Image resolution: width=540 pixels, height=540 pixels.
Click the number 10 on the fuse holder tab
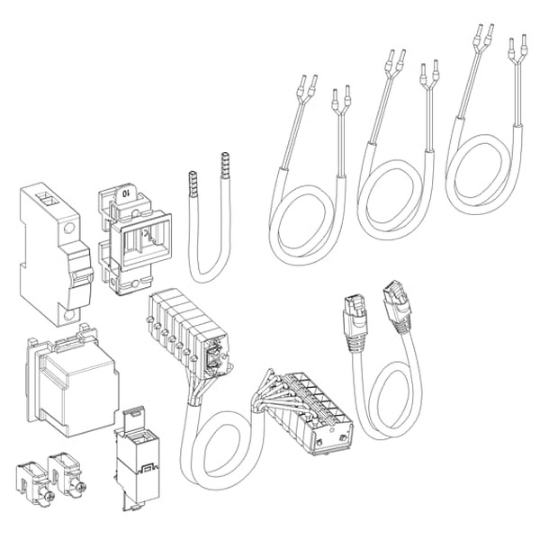(125, 193)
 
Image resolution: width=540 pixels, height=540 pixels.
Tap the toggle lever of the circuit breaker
(81, 275)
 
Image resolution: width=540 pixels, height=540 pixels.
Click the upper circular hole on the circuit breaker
(69, 228)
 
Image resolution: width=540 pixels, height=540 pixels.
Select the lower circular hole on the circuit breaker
(70, 316)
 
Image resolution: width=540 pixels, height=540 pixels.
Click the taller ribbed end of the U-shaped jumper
(225, 165)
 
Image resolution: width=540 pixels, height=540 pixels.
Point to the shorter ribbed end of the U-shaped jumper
(193, 184)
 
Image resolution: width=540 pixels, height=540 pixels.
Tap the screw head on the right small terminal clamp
(82, 487)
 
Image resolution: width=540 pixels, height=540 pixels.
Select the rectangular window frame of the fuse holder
(146, 242)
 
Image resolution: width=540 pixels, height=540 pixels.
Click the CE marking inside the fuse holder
(145, 235)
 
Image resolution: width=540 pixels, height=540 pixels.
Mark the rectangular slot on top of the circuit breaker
(46, 198)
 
